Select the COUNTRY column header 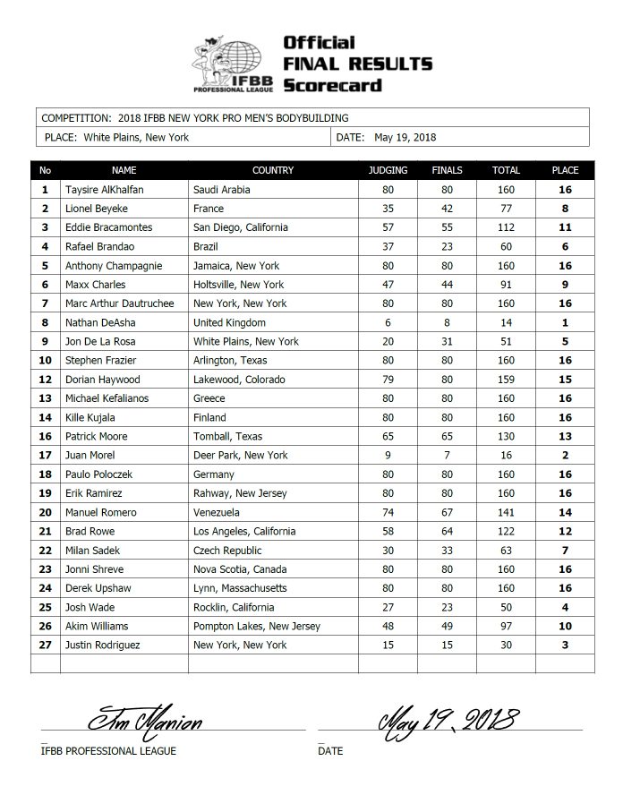pos(273,170)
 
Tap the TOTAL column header pos(506,170)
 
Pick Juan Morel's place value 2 pos(565,456)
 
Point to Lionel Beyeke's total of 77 pos(506,209)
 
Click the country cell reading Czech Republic pos(224,551)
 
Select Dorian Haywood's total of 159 pos(506,380)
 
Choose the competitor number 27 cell pos(45,645)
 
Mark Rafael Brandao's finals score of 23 pos(447,247)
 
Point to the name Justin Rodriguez pos(102,645)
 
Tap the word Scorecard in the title pos(332,85)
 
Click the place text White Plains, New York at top pos(137,138)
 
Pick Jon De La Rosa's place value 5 pos(565,342)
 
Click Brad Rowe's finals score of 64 pos(447,532)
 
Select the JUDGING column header pos(388,170)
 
